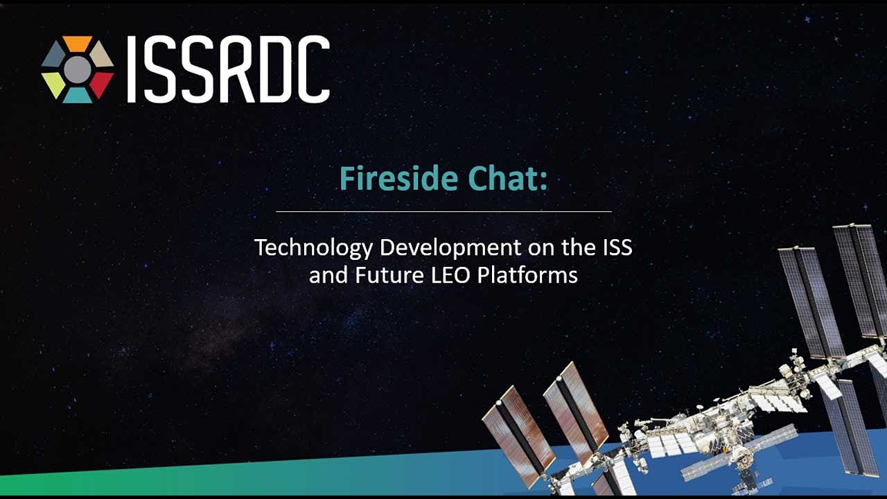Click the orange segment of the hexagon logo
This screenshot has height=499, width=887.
77,43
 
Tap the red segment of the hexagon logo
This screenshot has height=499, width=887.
101,84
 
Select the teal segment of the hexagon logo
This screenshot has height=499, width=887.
78,96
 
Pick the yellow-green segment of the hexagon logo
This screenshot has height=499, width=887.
53,85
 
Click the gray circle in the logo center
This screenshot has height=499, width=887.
77,70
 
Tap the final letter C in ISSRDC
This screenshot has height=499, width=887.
312,69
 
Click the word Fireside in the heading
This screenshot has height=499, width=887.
398,178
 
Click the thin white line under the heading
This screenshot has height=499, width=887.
443,211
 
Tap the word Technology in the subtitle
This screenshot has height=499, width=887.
313,248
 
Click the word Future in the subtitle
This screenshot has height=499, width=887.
389,275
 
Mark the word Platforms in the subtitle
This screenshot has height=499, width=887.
527,275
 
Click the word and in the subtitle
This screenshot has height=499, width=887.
328,275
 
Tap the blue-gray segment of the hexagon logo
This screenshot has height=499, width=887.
53,55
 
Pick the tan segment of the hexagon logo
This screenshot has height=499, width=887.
101,55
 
